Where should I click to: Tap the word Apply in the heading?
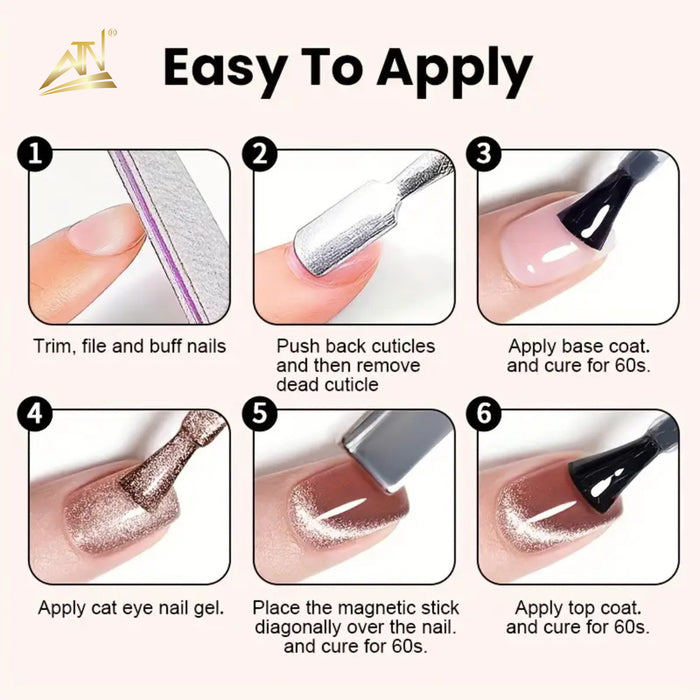click(x=455, y=71)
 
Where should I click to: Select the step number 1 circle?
click(x=35, y=153)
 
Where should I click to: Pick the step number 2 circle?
click(x=260, y=153)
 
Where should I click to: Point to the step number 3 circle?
click(x=484, y=153)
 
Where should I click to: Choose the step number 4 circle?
click(x=35, y=413)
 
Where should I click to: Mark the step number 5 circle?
click(x=260, y=413)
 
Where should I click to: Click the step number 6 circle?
click(x=484, y=413)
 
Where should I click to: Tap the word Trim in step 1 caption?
click(x=54, y=347)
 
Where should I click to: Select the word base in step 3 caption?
click(x=582, y=347)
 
